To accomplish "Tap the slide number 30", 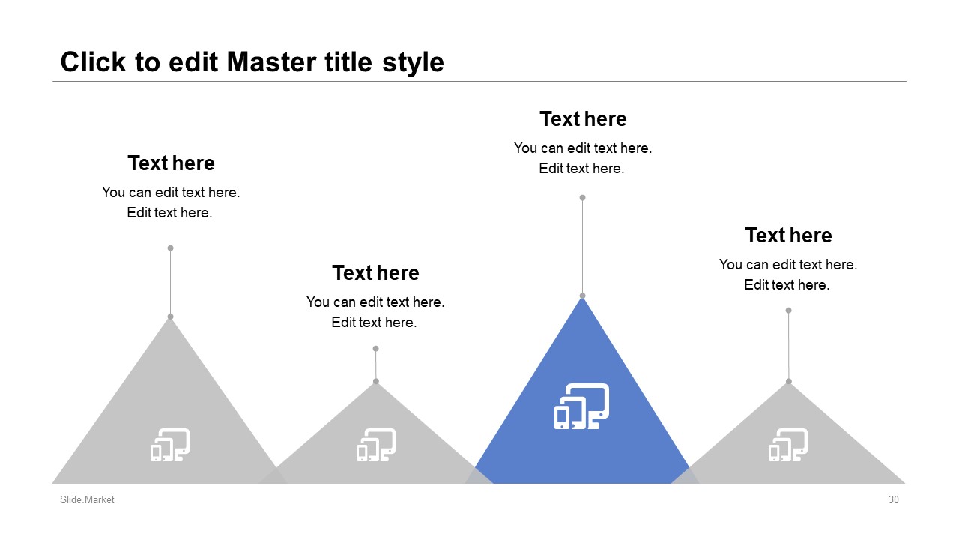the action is (894, 499).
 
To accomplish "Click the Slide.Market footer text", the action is (87, 499).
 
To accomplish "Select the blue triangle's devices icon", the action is (582, 406).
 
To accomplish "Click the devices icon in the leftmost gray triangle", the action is (170, 445).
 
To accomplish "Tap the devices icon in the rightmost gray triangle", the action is (788, 445).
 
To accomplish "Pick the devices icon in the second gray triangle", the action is (376, 445).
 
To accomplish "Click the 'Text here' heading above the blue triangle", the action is (583, 119).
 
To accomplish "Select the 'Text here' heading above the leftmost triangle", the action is (171, 163).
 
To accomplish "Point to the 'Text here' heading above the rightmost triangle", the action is (788, 235).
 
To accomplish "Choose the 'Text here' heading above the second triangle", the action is (375, 272).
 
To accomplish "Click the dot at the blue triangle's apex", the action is (582, 295).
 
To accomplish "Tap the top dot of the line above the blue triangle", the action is (582, 197).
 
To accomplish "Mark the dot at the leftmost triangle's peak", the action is (170, 316).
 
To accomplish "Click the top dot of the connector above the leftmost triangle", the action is (170, 247).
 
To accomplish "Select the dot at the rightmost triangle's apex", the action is (789, 382).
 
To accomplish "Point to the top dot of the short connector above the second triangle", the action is (376, 349).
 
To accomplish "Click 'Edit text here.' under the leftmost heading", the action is (169, 213).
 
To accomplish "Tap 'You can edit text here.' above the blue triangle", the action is (583, 148).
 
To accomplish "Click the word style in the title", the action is (413, 63).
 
